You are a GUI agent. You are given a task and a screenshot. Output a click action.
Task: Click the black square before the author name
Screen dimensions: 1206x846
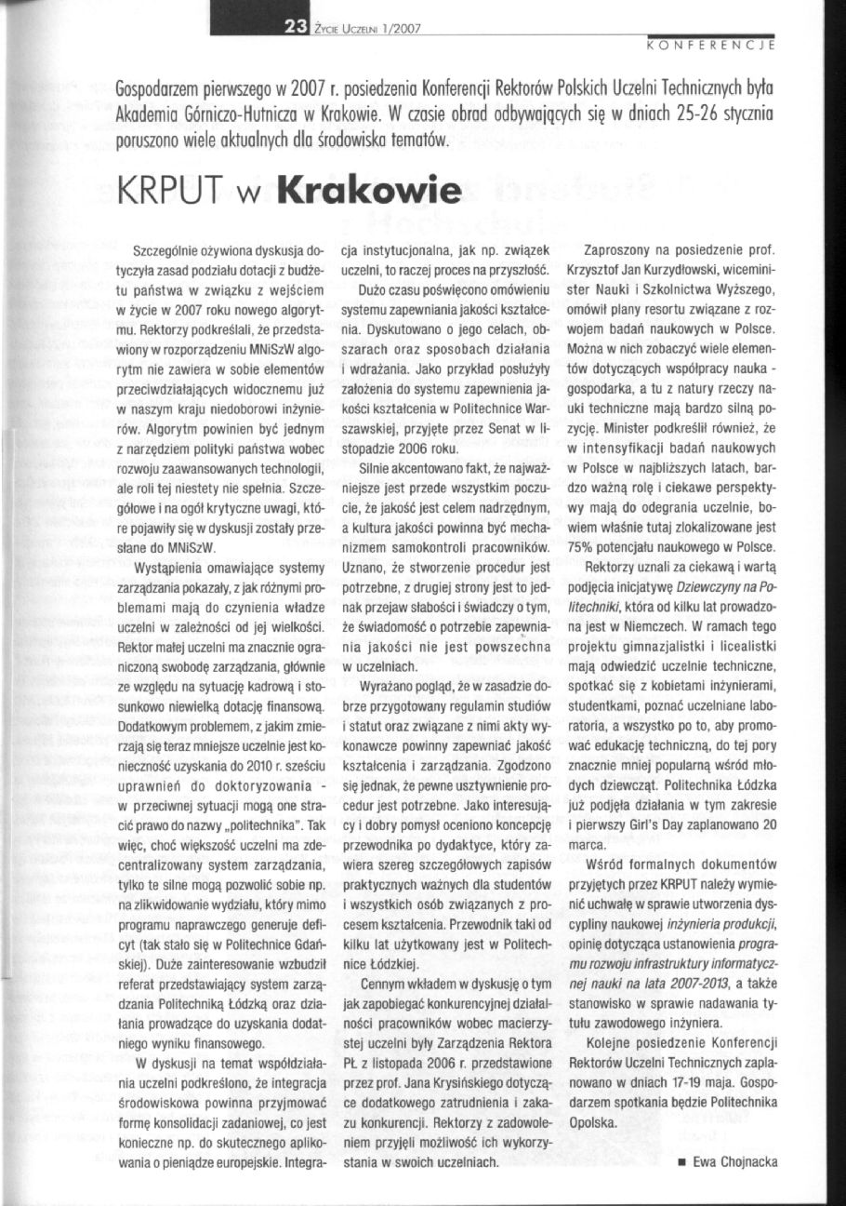[682, 1161]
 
